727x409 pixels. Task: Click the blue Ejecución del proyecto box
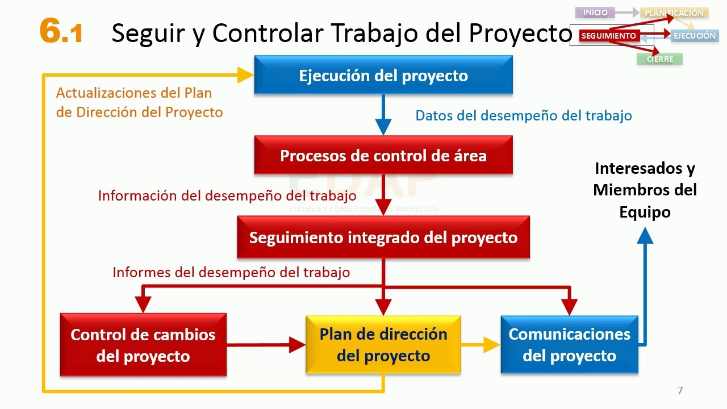383,75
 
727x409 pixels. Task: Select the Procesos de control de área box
383,155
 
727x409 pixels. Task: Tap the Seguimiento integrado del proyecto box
383,237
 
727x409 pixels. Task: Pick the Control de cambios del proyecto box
143,345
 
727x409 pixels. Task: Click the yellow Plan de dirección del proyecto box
383,344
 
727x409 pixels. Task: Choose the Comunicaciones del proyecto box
569,344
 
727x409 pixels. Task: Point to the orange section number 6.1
61,31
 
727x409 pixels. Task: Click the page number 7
680,390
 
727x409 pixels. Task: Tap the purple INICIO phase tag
595,12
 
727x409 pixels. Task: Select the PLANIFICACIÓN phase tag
674,13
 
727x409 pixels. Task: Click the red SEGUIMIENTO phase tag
609,36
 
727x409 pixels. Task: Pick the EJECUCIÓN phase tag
695,36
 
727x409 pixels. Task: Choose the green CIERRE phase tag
660,59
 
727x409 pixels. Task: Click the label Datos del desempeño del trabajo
524,116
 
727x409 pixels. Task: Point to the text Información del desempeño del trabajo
227,196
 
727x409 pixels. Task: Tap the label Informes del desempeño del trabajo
231,272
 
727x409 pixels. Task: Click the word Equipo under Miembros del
645,212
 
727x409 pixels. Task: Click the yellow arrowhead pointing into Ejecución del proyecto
245,75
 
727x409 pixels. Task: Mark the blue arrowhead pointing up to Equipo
645,235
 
